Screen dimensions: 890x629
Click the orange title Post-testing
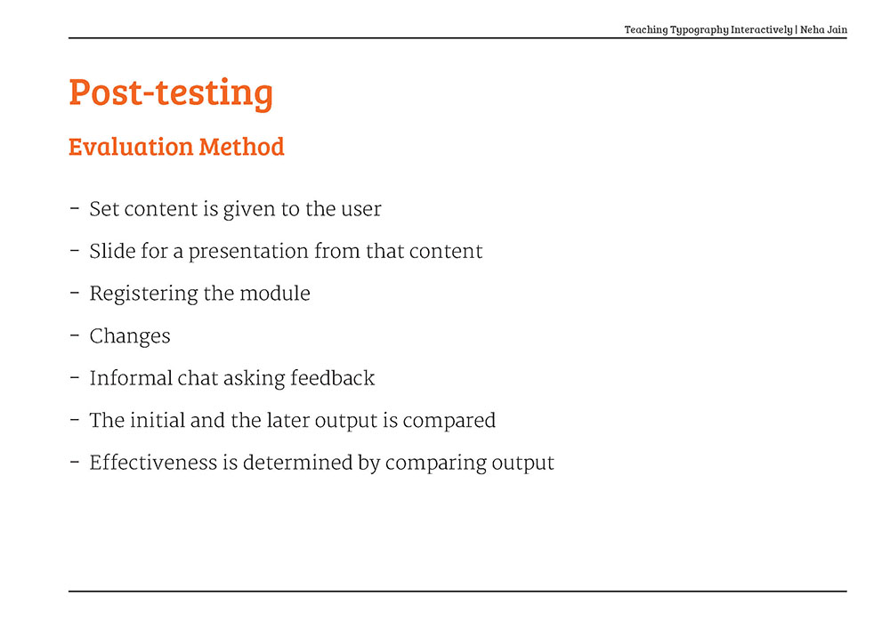tap(171, 93)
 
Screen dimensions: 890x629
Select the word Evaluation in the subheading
tap(131, 146)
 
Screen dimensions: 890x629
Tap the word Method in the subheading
tap(242, 146)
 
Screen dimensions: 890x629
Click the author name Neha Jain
tap(823, 29)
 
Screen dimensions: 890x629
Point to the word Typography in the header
tap(700, 30)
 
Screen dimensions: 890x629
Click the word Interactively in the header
tap(762, 30)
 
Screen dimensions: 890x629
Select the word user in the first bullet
tap(361, 209)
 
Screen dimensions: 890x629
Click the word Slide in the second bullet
tap(112, 251)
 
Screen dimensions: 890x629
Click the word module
tap(275, 294)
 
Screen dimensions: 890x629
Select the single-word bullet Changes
tap(130, 337)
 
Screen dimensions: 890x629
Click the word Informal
tap(131, 378)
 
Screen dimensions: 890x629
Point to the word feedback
tap(333, 378)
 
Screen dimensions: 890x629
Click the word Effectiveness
tap(153, 463)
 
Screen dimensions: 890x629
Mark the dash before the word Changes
tap(75, 335)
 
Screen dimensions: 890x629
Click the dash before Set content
tap(75, 208)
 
